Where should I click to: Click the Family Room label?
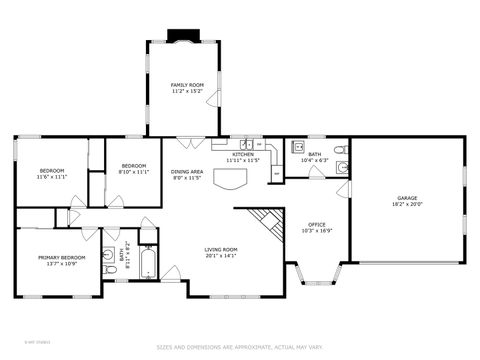[187, 85]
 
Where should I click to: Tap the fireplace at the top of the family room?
[184, 39]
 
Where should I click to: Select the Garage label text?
[407, 198]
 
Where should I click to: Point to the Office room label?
[317, 224]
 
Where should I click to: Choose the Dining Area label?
[187, 172]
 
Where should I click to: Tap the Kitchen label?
[244, 155]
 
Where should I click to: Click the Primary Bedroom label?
[61, 258]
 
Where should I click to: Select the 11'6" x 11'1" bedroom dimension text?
[52, 177]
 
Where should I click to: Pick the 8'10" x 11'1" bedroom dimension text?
[134, 172]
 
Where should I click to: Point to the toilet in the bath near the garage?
[340, 150]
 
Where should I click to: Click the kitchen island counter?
[233, 180]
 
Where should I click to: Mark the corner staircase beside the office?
[264, 222]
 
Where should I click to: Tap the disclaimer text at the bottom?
[240, 347]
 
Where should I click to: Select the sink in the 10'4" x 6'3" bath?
[298, 147]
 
